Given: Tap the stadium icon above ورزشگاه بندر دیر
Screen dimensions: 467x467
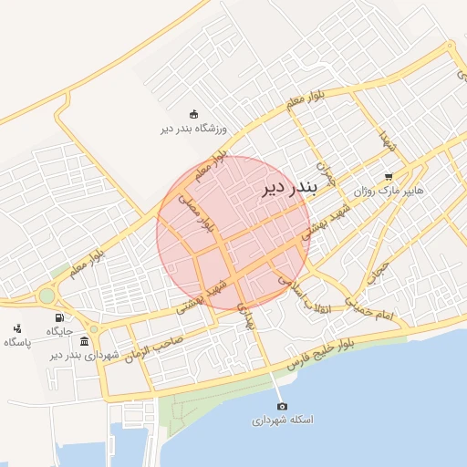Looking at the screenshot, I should coord(193,114).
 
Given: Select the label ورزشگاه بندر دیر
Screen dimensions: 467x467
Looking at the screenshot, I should coord(193,130).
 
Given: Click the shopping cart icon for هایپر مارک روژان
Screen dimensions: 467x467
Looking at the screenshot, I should coord(389,177).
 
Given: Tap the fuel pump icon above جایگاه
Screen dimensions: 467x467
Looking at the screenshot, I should coord(60,317).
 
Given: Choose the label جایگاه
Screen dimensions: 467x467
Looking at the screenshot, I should coord(59,331).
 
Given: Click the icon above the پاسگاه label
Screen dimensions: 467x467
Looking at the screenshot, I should coord(17,328).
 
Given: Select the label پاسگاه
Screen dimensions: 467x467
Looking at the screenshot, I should coord(17,342).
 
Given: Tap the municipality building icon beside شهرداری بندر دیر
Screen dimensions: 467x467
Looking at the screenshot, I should coord(85,341).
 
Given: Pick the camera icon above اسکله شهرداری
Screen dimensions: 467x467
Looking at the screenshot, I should coord(282,406).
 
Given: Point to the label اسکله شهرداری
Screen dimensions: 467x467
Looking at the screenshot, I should coord(282,420).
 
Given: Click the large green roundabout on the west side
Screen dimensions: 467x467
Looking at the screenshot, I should coord(47,296).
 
